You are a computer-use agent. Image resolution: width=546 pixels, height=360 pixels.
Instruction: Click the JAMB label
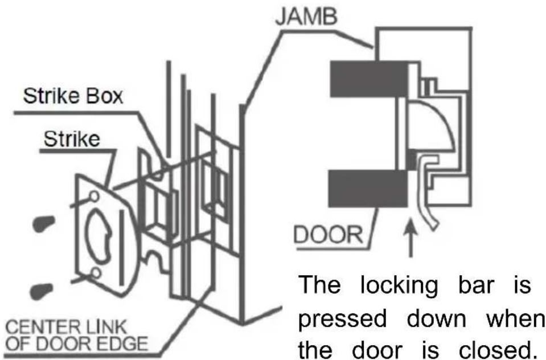coord(306,17)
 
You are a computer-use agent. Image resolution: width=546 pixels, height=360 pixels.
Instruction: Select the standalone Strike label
coord(72,139)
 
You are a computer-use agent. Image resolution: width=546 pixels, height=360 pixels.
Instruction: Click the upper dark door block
coord(369,79)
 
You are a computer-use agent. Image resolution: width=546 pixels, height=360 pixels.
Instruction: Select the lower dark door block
coord(368,189)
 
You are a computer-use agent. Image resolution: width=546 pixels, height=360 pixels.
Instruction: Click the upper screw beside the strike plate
coord(44,223)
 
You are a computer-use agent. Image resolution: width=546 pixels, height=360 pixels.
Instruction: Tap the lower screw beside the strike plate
coord(42,291)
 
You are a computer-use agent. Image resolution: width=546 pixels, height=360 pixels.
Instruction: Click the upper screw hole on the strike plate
coord(94,196)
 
